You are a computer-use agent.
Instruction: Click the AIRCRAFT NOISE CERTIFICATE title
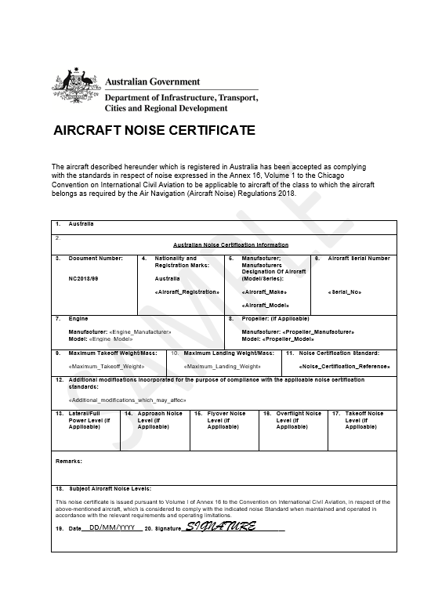click(153, 130)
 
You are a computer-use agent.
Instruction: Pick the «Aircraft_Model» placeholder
click(266, 304)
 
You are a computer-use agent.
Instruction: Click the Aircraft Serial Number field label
click(358, 258)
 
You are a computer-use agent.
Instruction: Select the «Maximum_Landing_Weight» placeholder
click(222, 366)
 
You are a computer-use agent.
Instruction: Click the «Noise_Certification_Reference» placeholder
click(345, 366)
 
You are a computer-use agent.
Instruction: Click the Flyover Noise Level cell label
click(223, 420)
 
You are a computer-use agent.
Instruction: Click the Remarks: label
click(69, 462)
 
